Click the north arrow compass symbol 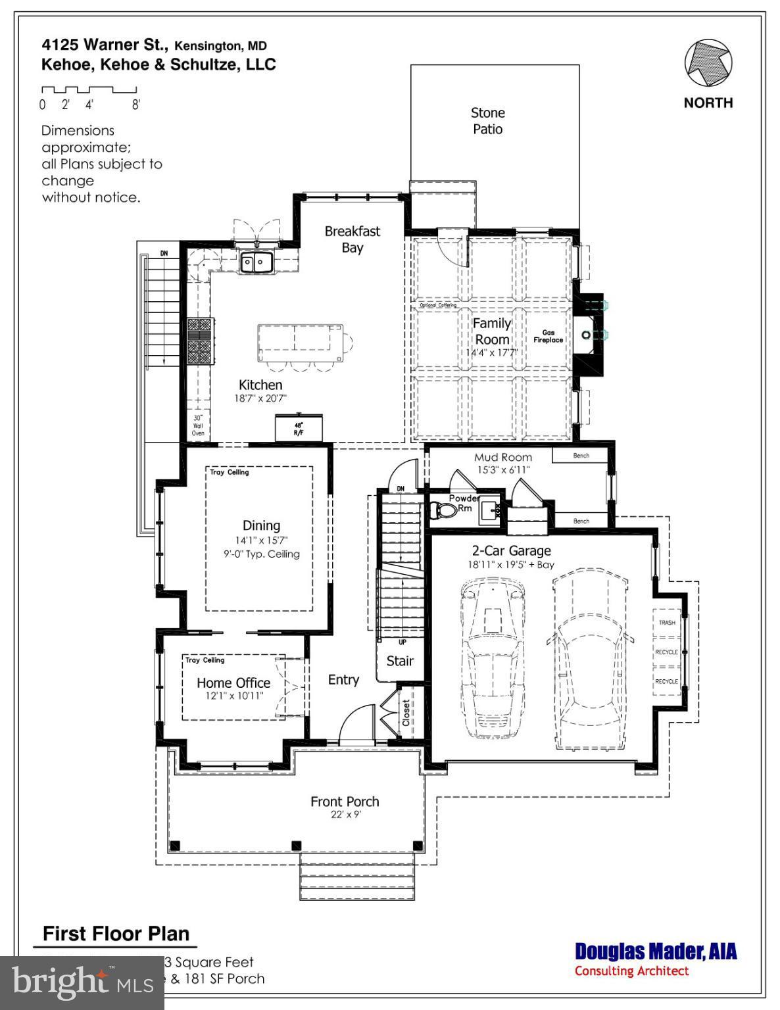click(708, 64)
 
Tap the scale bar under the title click(89, 90)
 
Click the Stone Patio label click(487, 121)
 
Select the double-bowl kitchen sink click(256, 262)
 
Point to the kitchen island click(300, 341)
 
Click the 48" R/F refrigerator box click(299, 428)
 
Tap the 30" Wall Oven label click(198, 425)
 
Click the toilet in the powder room click(445, 510)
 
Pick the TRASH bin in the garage click(667, 622)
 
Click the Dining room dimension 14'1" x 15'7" click(261, 541)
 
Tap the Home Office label click(233, 683)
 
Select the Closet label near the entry click(406, 713)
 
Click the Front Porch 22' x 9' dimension click(345, 815)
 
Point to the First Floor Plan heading click(116, 934)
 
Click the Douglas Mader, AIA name click(655, 951)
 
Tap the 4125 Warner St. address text click(105, 45)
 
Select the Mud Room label click(503, 457)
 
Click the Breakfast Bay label click(353, 239)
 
